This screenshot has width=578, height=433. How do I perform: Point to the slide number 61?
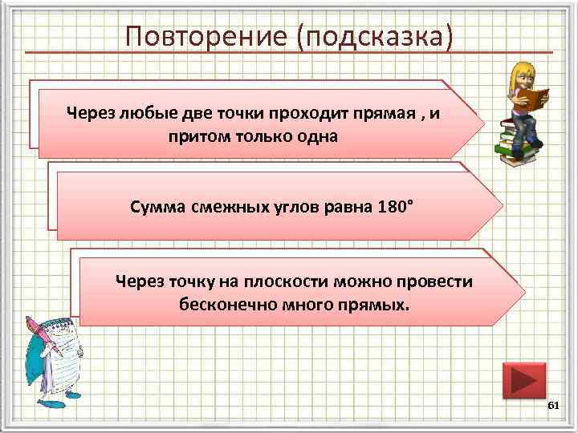pos(552,407)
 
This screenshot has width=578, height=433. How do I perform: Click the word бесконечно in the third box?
pos(222,305)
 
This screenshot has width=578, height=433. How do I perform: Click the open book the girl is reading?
pos(531,98)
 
